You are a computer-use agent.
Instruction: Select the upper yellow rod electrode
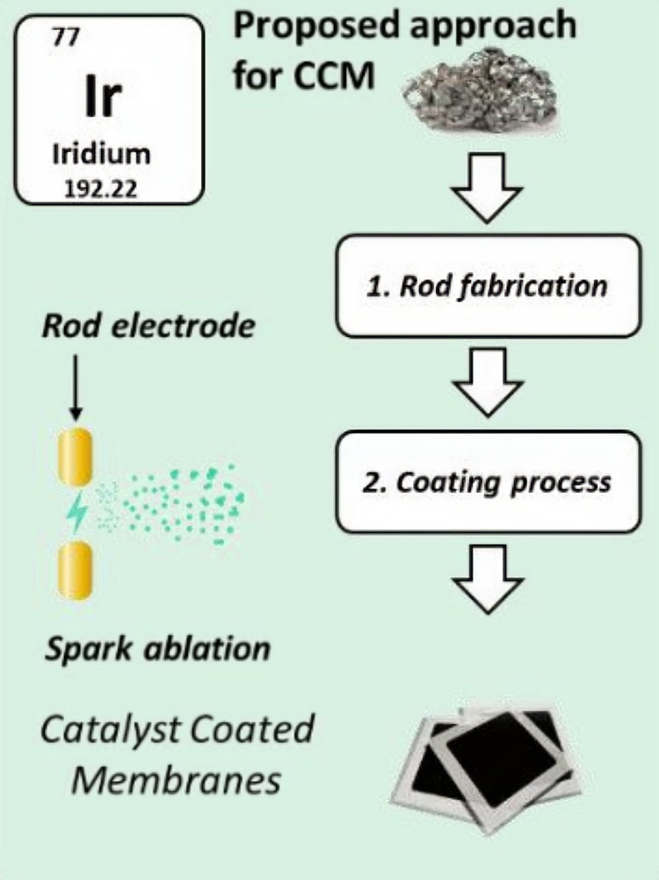tap(76, 457)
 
